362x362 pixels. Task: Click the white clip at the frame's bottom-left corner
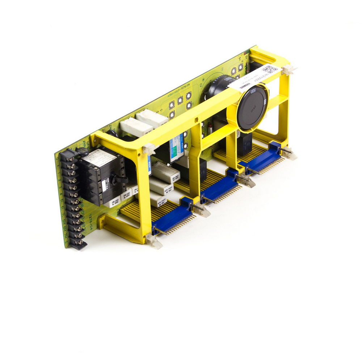[153, 241]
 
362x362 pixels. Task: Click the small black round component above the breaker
[83, 152]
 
